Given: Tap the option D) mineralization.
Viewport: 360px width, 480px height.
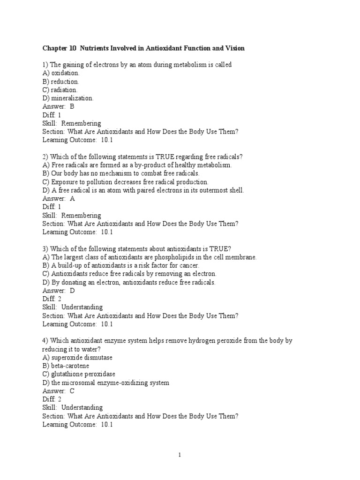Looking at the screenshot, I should coord(68,98).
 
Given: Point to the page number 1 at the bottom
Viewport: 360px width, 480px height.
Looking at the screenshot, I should coord(180,455).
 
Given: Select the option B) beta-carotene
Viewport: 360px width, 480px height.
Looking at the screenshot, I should coord(66,366).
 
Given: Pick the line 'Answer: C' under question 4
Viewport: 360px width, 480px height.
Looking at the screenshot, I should coord(58,391).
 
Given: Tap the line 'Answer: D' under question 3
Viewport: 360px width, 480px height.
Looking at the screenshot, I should coord(58,291).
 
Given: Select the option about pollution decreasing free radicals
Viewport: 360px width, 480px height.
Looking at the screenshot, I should coord(125,182).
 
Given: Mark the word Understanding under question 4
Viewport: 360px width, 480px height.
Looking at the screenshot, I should coord(82,407).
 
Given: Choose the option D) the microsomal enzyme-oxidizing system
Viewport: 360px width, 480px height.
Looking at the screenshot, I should coord(105,382).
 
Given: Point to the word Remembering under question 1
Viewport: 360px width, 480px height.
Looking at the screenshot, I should coord(81,123).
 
